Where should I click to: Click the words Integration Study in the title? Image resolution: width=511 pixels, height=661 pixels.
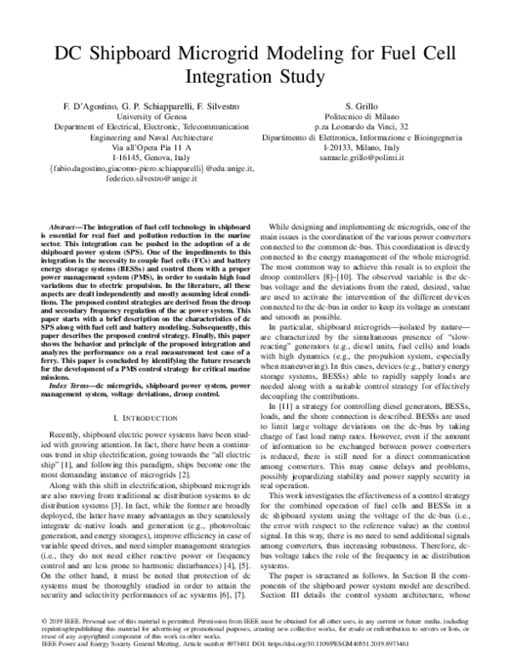tap(255, 78)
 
